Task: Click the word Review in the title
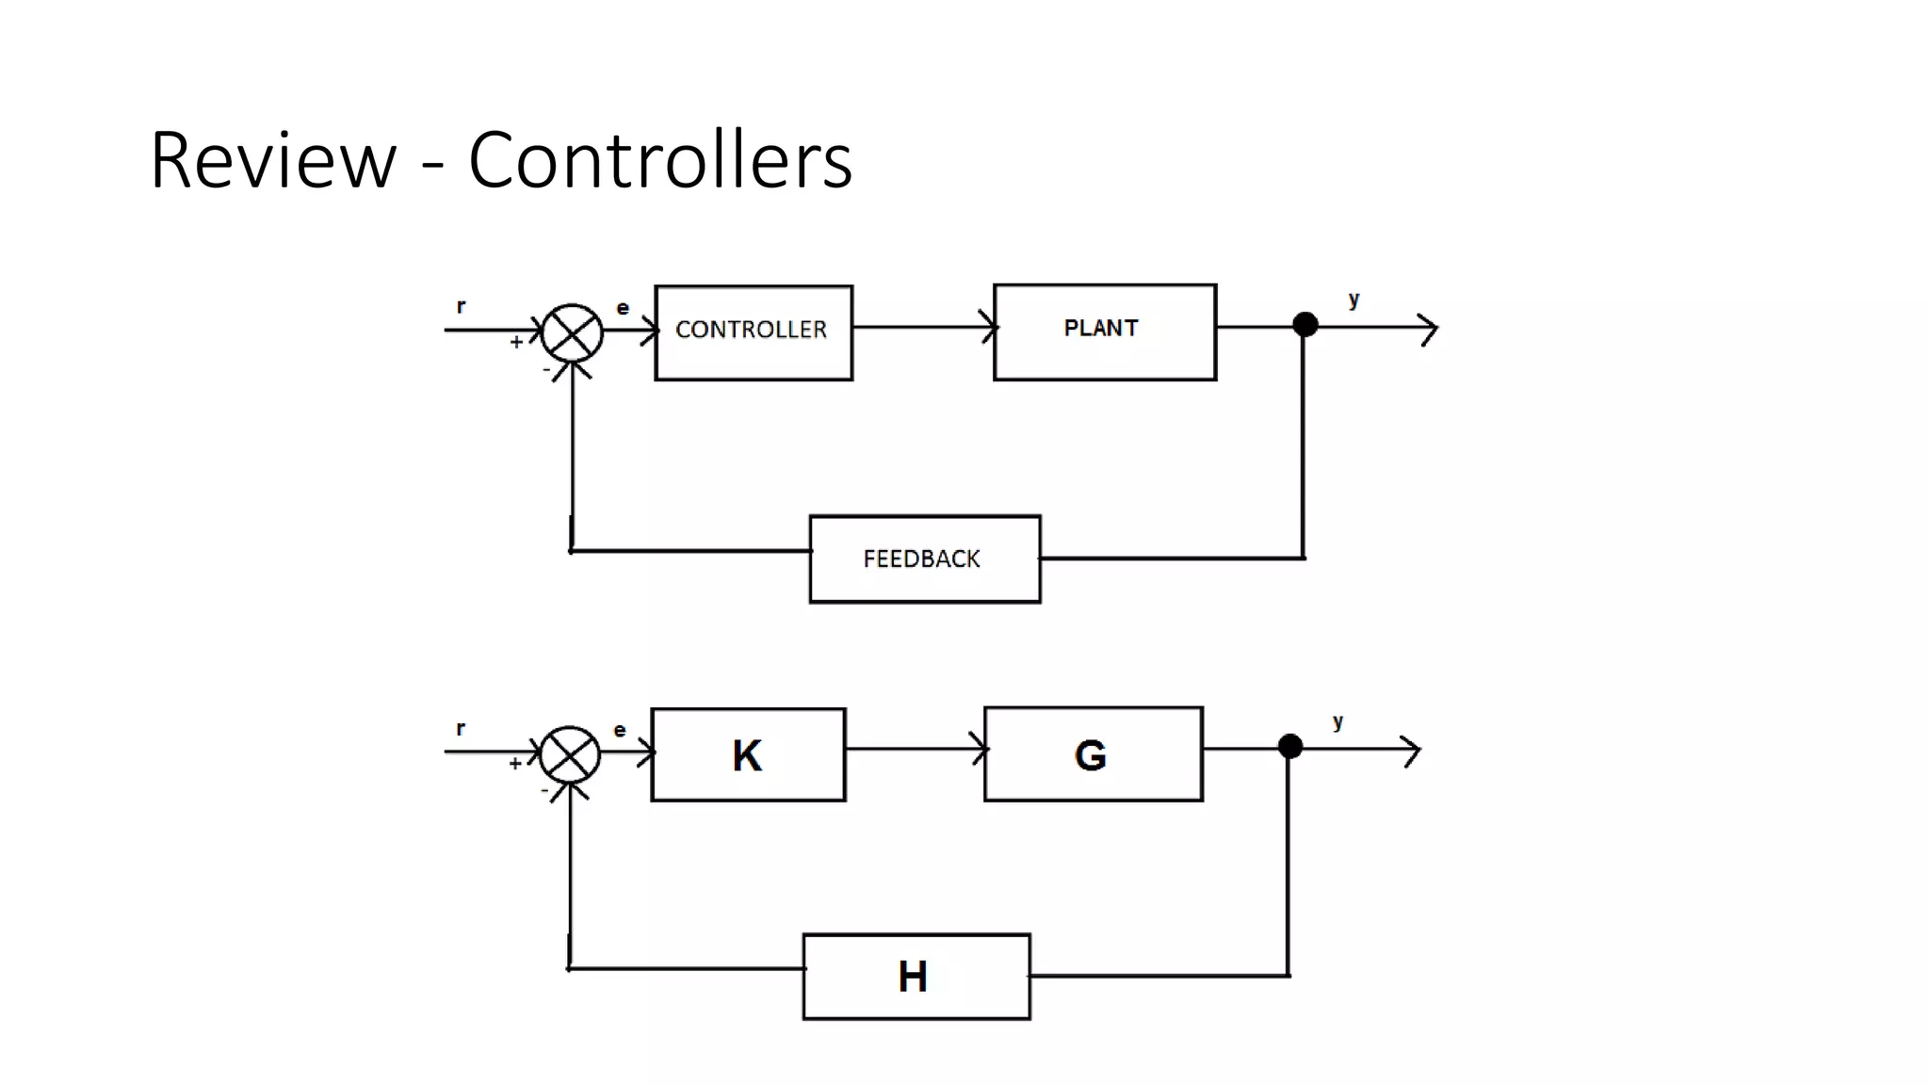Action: [272, 160]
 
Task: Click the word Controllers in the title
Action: [659, 160]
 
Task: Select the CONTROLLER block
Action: [754, 332]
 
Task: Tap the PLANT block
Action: [1105, 332]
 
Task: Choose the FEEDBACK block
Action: [925, 559]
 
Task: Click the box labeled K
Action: [748, 754]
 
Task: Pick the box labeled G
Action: [1093, 753]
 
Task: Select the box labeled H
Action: [916, 976]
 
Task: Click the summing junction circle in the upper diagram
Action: [573, 332]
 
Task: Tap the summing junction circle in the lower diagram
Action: [570, 754]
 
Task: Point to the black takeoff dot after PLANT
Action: [1305, 325]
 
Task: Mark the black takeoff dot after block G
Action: [1290, 747]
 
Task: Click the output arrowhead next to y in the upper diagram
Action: [1430, 330]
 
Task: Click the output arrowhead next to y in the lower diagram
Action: [1412, 751]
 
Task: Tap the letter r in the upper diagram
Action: [461, 306]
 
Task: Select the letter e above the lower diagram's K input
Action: [620, 730]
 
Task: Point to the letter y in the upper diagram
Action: [1354, 300]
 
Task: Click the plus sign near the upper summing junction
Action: [516, 342]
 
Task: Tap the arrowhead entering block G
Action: [981, 750]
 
